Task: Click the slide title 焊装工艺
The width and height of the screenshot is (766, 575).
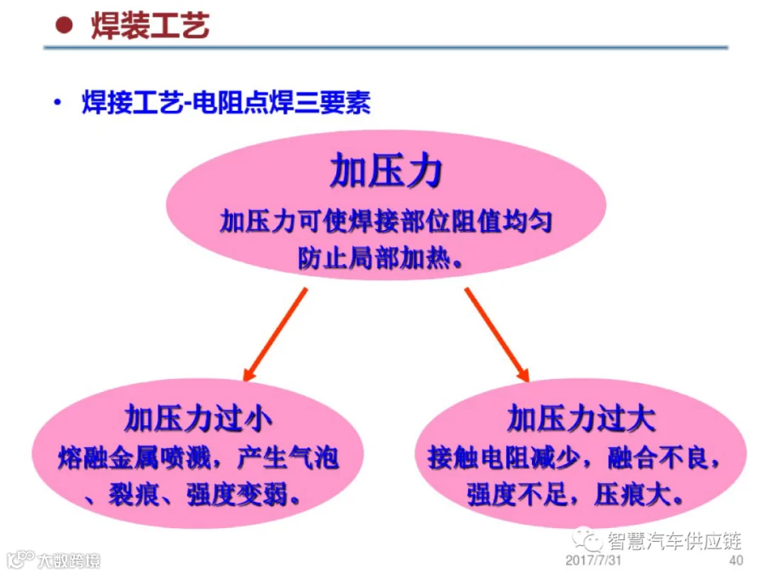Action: [x=151, y=26]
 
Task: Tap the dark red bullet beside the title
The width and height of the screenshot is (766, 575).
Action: [x=64, y=25]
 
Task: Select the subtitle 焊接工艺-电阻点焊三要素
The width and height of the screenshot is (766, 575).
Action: [x=226, y=102]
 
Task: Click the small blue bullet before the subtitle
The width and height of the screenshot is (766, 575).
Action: [x=58, y=103]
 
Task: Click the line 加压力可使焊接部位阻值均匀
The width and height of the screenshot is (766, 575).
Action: [x=386, y=221]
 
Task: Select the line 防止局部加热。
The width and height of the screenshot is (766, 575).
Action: [x=380, y=257]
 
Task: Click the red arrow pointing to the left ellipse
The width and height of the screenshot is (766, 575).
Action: [x=276, y=335]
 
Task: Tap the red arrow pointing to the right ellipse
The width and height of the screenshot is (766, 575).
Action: [x=497, y=335]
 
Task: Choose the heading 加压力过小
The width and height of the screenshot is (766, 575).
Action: [x=197, y=418]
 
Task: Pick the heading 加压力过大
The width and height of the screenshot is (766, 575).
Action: [x=580, y=418]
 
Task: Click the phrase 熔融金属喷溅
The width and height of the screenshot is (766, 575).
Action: [x=134, y=458]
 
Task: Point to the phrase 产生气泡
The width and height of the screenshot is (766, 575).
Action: [x=288, y=458]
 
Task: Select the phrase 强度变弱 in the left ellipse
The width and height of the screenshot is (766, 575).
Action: [x=237, y=495]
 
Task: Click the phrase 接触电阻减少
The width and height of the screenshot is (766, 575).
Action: [x=504, y=458]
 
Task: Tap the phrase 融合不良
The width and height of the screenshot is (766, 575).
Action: [x=658, y=458]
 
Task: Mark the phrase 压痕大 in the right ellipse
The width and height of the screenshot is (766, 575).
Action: [x=632, y=495]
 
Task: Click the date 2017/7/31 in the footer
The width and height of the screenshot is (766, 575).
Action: [x=593, y=561]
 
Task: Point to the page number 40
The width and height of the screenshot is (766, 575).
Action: [x=736, y=561]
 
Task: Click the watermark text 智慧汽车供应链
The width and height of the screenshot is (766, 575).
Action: [x=675, y=541]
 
